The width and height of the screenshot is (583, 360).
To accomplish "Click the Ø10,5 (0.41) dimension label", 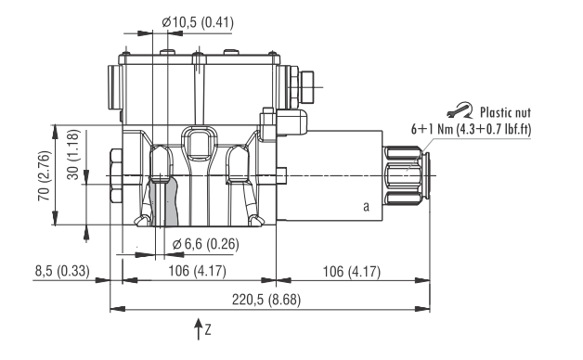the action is coord(198,22).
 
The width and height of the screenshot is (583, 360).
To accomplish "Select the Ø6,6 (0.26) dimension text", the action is coord(205,244).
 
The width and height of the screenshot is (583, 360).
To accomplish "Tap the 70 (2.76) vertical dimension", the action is coord(44,175).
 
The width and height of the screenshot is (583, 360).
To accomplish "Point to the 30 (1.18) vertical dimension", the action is coord(73,155).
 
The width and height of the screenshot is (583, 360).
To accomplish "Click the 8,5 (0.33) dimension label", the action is coord(62,271).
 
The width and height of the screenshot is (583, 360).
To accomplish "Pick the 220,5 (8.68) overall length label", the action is coord(266,300).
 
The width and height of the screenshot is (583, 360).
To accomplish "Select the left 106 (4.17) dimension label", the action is coord(197,271).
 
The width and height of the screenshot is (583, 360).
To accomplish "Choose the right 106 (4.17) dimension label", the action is coord(351,272).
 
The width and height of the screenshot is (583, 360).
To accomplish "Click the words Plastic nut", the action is coord(505,112).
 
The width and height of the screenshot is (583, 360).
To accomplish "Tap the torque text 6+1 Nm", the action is coord(431,129).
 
